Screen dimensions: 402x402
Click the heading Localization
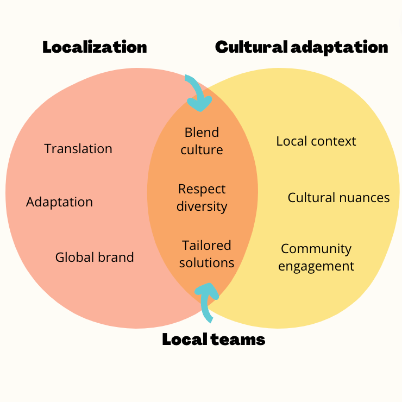coord(95,47)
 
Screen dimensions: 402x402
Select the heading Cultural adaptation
coord(301,47)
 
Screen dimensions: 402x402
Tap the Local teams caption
coord(213,340)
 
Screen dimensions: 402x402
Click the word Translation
coord(78,149)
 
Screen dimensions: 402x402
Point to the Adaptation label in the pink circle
coord(59,202)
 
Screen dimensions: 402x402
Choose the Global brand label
coord(95,257)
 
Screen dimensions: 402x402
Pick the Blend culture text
coord(202,141)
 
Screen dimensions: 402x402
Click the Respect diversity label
coord(202,198)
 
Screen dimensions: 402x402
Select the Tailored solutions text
coord(206,254)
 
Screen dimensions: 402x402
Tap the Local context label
coord(316,141)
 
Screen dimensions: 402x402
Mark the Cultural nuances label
coord(338,198)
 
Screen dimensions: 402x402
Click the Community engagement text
coord(317,257)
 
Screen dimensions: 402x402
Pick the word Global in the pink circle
coord(72,257)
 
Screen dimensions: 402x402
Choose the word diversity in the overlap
coord(202,206)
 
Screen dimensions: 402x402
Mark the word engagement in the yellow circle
coord(317,266)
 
